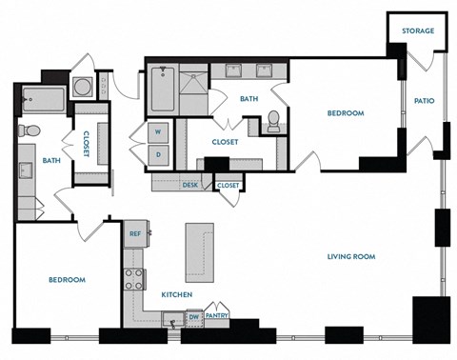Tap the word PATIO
coord(424,101)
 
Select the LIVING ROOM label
coord(351,256)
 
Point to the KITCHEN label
coord(177,295)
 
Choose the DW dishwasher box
coord(192,316)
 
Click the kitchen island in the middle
coord(198,247)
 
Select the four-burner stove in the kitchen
coord(133,278)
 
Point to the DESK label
coord(189,185)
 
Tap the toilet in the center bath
coord(272,121)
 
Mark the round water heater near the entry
coord(83,87)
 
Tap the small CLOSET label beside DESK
coord(228,185)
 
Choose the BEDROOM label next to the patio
coord(346,113)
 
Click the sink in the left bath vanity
coord(26,171)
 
